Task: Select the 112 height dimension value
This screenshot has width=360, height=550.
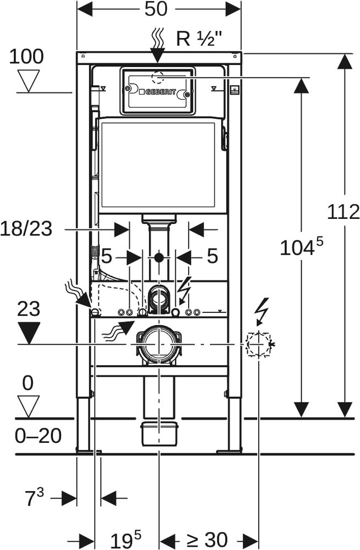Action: (x=343, y=212)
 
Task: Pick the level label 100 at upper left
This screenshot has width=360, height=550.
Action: (x=26, y=56)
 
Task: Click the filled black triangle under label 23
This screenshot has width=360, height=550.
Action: (x=29, y=332)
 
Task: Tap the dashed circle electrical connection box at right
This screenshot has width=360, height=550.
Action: (x=257, y=344)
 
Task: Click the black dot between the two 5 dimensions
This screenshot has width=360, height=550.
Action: (x=159, y=257)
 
